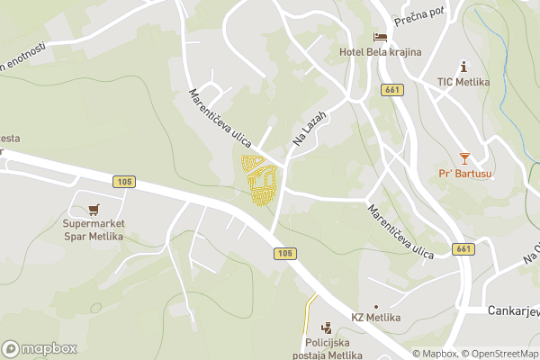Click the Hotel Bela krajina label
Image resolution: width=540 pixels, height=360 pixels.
(x=380, y=52)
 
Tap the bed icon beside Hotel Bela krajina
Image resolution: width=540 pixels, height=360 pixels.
(x=381, y=37)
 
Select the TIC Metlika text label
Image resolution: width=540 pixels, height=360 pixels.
(x=463, y=82)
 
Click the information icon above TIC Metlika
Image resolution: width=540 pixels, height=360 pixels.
(x=463, y=67)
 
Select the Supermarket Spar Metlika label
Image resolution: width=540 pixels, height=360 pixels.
(x=94, y=229)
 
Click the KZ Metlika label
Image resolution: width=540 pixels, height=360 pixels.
(x=376, y=319)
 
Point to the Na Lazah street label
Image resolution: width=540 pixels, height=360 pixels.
(x=307, y=130)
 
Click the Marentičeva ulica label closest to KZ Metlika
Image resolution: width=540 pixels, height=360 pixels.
(x=400, y=232)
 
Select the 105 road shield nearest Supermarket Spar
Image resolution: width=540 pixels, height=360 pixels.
(x=125, y=182)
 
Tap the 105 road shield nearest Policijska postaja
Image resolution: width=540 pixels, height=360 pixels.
(x=285, y=254)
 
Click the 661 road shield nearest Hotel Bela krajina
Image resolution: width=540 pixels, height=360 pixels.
(x=391, y=89)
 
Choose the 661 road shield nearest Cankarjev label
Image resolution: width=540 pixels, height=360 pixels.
(x=463, y=248)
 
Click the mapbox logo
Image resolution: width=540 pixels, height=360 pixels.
(x=40, y=348)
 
